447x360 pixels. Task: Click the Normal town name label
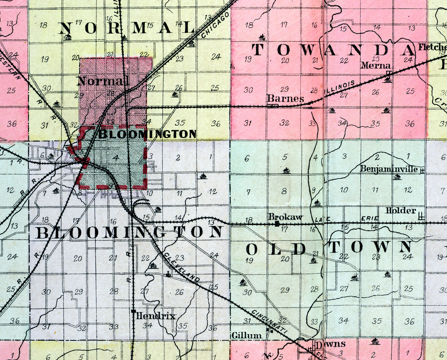[x=103, y=81]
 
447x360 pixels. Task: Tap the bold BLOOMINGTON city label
[x=147, y=134]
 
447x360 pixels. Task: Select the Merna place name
[x=375, y=65]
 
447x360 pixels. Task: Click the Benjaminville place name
[x=389, y=169]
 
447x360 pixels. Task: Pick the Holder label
[x=401, y=211]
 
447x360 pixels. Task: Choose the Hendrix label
[x=156, y=316]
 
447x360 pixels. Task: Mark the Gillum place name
[x=247, y=335]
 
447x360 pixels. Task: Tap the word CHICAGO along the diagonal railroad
[x=216, y=25]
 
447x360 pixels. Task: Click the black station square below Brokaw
[x=277, y=223]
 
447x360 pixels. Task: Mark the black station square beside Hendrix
[x=133, y=311]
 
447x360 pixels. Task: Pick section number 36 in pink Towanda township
[x=409, y=124]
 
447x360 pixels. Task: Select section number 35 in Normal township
[x=180, y=123]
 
